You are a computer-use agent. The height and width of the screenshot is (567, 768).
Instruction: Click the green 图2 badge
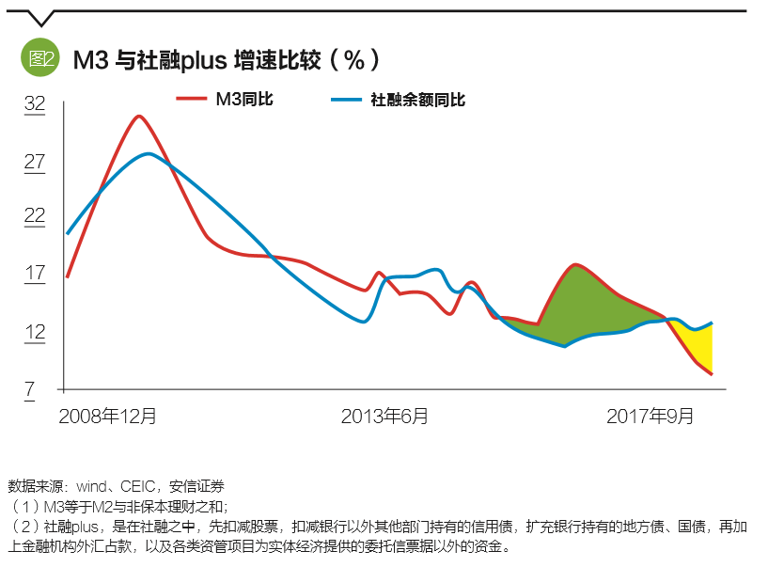(x=40, y=59)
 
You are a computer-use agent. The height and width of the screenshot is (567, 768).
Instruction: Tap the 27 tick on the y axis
(x=34, y=162)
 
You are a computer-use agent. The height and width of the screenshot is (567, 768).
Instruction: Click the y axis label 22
(x=34, y=216)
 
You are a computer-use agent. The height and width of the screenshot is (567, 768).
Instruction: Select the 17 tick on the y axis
(x=34, y=274)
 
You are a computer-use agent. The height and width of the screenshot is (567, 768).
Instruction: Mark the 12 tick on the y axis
(x=34, y=331)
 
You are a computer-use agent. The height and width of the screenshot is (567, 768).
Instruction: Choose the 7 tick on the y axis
(x=30, y=388)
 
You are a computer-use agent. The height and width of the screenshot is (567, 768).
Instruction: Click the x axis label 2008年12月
(x=107, y=415)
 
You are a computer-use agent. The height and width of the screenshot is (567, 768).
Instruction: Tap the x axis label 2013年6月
(x=384, y=415)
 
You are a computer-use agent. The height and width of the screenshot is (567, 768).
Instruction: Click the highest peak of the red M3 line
(x=138, y=116)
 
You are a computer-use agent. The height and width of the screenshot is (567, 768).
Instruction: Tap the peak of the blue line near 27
(x=147, y=153)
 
